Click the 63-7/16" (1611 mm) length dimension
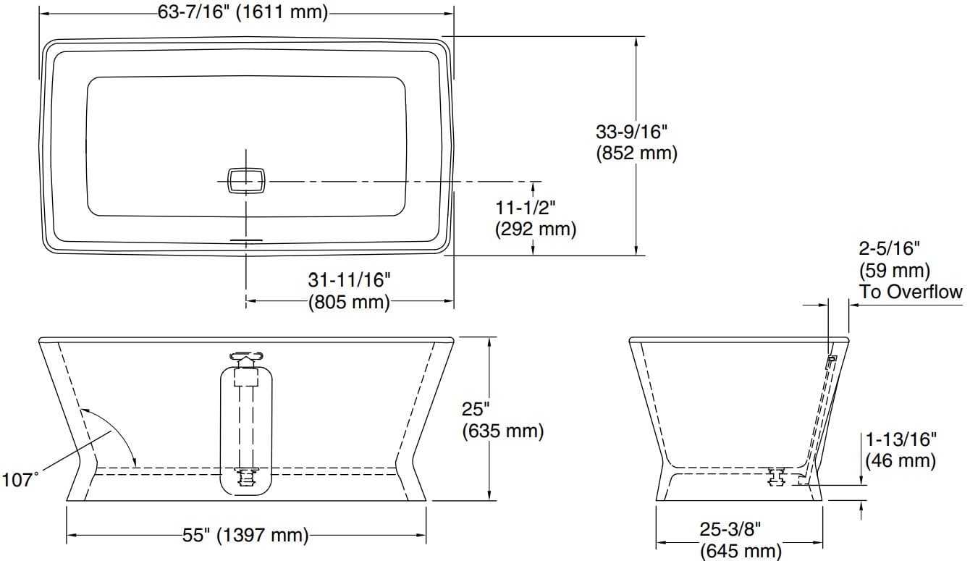point(242,12)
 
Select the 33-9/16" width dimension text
point(630,132)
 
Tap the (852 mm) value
point(636,153)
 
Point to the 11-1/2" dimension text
point(526,208)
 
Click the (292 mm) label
point(536,229)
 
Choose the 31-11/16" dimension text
point(350,279)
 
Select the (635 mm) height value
point(502,431)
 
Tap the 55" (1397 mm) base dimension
point(245,536)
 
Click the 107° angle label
point(20,479)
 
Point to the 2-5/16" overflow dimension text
point(889,250)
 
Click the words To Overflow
point(911,292)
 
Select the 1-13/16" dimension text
point(901,439)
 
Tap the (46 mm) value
point(901,460)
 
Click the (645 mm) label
point(741,551)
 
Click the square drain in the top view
point(247,180)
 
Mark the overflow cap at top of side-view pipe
point(246,357)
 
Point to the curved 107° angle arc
point(113,427)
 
